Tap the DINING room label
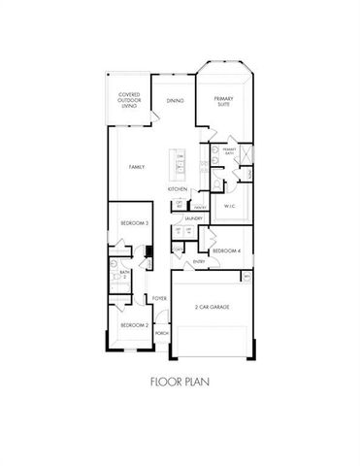[x=175, y=101]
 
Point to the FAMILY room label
[x=137, y=167]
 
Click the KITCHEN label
[x=177, y=188]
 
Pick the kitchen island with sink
[x=180, y=165]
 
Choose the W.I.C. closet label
[x=230, y=206]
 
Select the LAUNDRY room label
[x=192, y=220]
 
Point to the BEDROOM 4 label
[x=225, y=250]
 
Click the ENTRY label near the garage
[x=198, y=261]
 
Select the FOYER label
[x=159, y=298]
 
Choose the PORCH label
[x=160, y=332]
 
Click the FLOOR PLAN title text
[x=180, y=382]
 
